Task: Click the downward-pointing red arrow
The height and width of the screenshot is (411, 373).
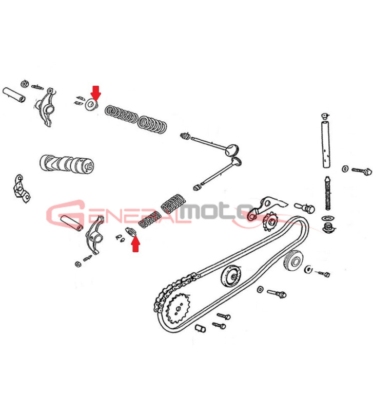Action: [96, 92]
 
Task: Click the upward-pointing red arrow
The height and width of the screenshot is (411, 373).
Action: [135, 244]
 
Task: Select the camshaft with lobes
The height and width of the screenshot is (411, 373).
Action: [67, 163]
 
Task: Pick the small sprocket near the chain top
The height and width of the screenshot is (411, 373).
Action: [269, 222]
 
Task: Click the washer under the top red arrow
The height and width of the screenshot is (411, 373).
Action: [91, 105]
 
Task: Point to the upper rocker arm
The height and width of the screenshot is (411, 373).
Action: [46, 107]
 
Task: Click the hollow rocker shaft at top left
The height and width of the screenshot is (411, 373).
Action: [14, 95]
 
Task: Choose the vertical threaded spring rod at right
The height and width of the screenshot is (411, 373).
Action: [327, 193]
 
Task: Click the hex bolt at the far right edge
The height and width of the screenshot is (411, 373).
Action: [362, 171]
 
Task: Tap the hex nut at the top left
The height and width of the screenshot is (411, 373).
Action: [25, 84]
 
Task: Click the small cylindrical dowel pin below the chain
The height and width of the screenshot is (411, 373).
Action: [201, 328]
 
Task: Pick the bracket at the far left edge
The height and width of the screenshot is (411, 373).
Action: [22, 189]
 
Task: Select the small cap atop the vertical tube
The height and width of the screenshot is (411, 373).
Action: [325, 116]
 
